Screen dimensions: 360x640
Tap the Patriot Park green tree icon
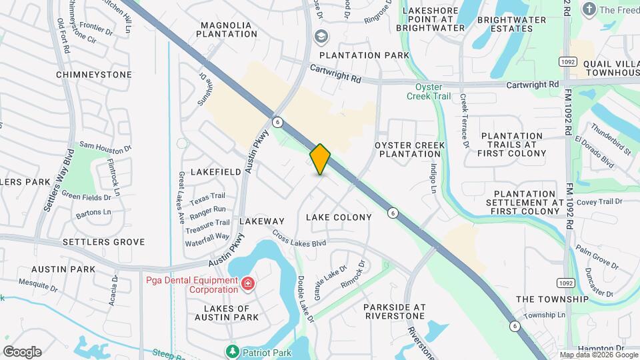tap(233, 351)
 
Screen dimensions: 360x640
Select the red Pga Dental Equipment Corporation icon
tap(248, 284)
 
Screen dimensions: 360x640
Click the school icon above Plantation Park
tap(321, 36)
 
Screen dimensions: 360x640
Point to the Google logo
tap(22, 351)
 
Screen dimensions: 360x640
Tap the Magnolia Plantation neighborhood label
tap(226, 30)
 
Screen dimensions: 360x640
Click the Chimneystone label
tap(94, 75)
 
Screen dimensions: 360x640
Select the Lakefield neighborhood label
tap(215, 171)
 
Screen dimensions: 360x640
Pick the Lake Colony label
tap(339, 217)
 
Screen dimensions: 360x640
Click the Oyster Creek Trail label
tap(429, 91)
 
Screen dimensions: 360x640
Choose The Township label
tap(553, 299)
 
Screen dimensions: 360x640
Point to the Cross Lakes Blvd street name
tap(299, 239)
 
